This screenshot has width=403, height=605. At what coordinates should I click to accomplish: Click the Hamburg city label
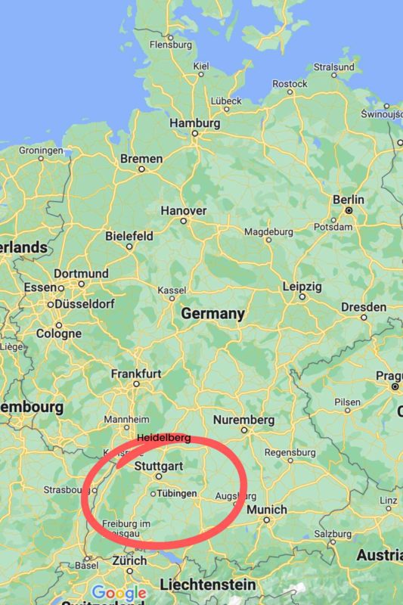[x=195, y=123]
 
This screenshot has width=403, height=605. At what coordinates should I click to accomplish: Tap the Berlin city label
[x=349, y=200]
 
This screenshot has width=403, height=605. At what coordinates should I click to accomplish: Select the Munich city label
[x=267, y=510]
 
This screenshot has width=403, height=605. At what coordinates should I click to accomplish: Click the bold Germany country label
[x=212, y=314]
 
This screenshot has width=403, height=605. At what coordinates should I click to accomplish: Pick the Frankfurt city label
[x=136, y=374]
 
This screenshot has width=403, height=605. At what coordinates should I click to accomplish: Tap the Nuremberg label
[x=243, y=420]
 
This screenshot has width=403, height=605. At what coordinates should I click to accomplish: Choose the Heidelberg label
[x=164, y=439]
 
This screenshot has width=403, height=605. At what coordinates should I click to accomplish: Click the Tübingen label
[x=177, y=493]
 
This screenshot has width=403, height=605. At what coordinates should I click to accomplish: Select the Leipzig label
[x=302, y=287]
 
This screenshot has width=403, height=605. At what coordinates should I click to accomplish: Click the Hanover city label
[x=183, y=210]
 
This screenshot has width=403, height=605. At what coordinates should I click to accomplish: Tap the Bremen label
[x=141, y=159]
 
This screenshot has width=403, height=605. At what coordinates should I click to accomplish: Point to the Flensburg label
[x=171, y=45]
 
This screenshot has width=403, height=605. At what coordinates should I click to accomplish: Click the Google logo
[x=119, y=593]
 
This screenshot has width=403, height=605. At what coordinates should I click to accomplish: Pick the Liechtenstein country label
[x=207, y=585]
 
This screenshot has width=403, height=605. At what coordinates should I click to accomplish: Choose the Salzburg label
[x=333, y=533]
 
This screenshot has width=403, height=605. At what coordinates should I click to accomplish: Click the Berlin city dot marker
[x=349, y=210]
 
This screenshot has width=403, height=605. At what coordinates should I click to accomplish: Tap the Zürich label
[x=129, y=561]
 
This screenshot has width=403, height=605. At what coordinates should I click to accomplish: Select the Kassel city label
[x=172, y=291]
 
